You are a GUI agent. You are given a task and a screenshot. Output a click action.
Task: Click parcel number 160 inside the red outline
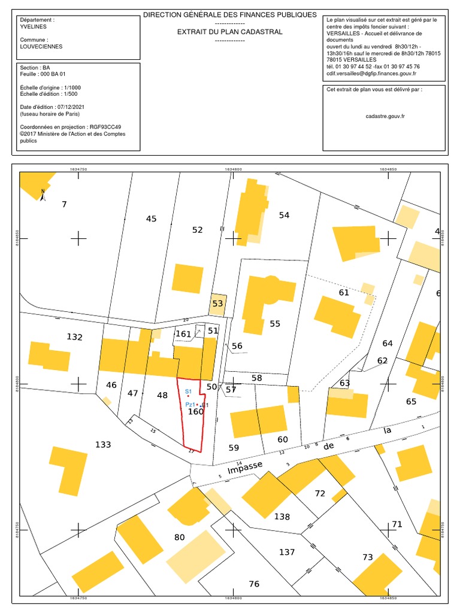(x=196, y=412)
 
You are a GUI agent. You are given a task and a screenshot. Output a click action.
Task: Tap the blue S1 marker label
(x=187, y=391)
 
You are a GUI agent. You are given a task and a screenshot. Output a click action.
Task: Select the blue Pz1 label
(x=189, y=405)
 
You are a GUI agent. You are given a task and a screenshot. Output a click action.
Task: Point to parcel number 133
(x=103, y=445)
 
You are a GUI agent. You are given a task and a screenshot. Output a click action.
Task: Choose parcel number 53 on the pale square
(x=217, y=304)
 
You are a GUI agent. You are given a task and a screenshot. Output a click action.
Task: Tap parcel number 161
(x=183, y=333)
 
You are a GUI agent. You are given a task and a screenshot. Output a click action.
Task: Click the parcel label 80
(x=180, y=537)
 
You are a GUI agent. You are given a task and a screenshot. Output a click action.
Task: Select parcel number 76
(x=254, y=584)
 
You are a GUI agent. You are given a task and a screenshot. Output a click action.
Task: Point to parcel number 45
(x=151, y=219)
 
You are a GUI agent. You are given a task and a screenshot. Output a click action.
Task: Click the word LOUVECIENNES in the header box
(x=41, y=46)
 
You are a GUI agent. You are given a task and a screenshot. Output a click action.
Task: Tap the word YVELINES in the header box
(x=33, y=26)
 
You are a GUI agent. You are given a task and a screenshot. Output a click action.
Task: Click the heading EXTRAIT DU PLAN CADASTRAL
(x=229, y=32)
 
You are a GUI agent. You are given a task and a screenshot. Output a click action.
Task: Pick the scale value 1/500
(x=71, y=94)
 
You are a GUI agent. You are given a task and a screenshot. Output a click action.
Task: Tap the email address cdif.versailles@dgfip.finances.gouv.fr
(x=371, y=74)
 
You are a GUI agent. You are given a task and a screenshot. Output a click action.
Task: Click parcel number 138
(x=282, y=517)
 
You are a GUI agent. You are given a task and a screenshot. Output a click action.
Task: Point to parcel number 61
(x=344, y=292)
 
